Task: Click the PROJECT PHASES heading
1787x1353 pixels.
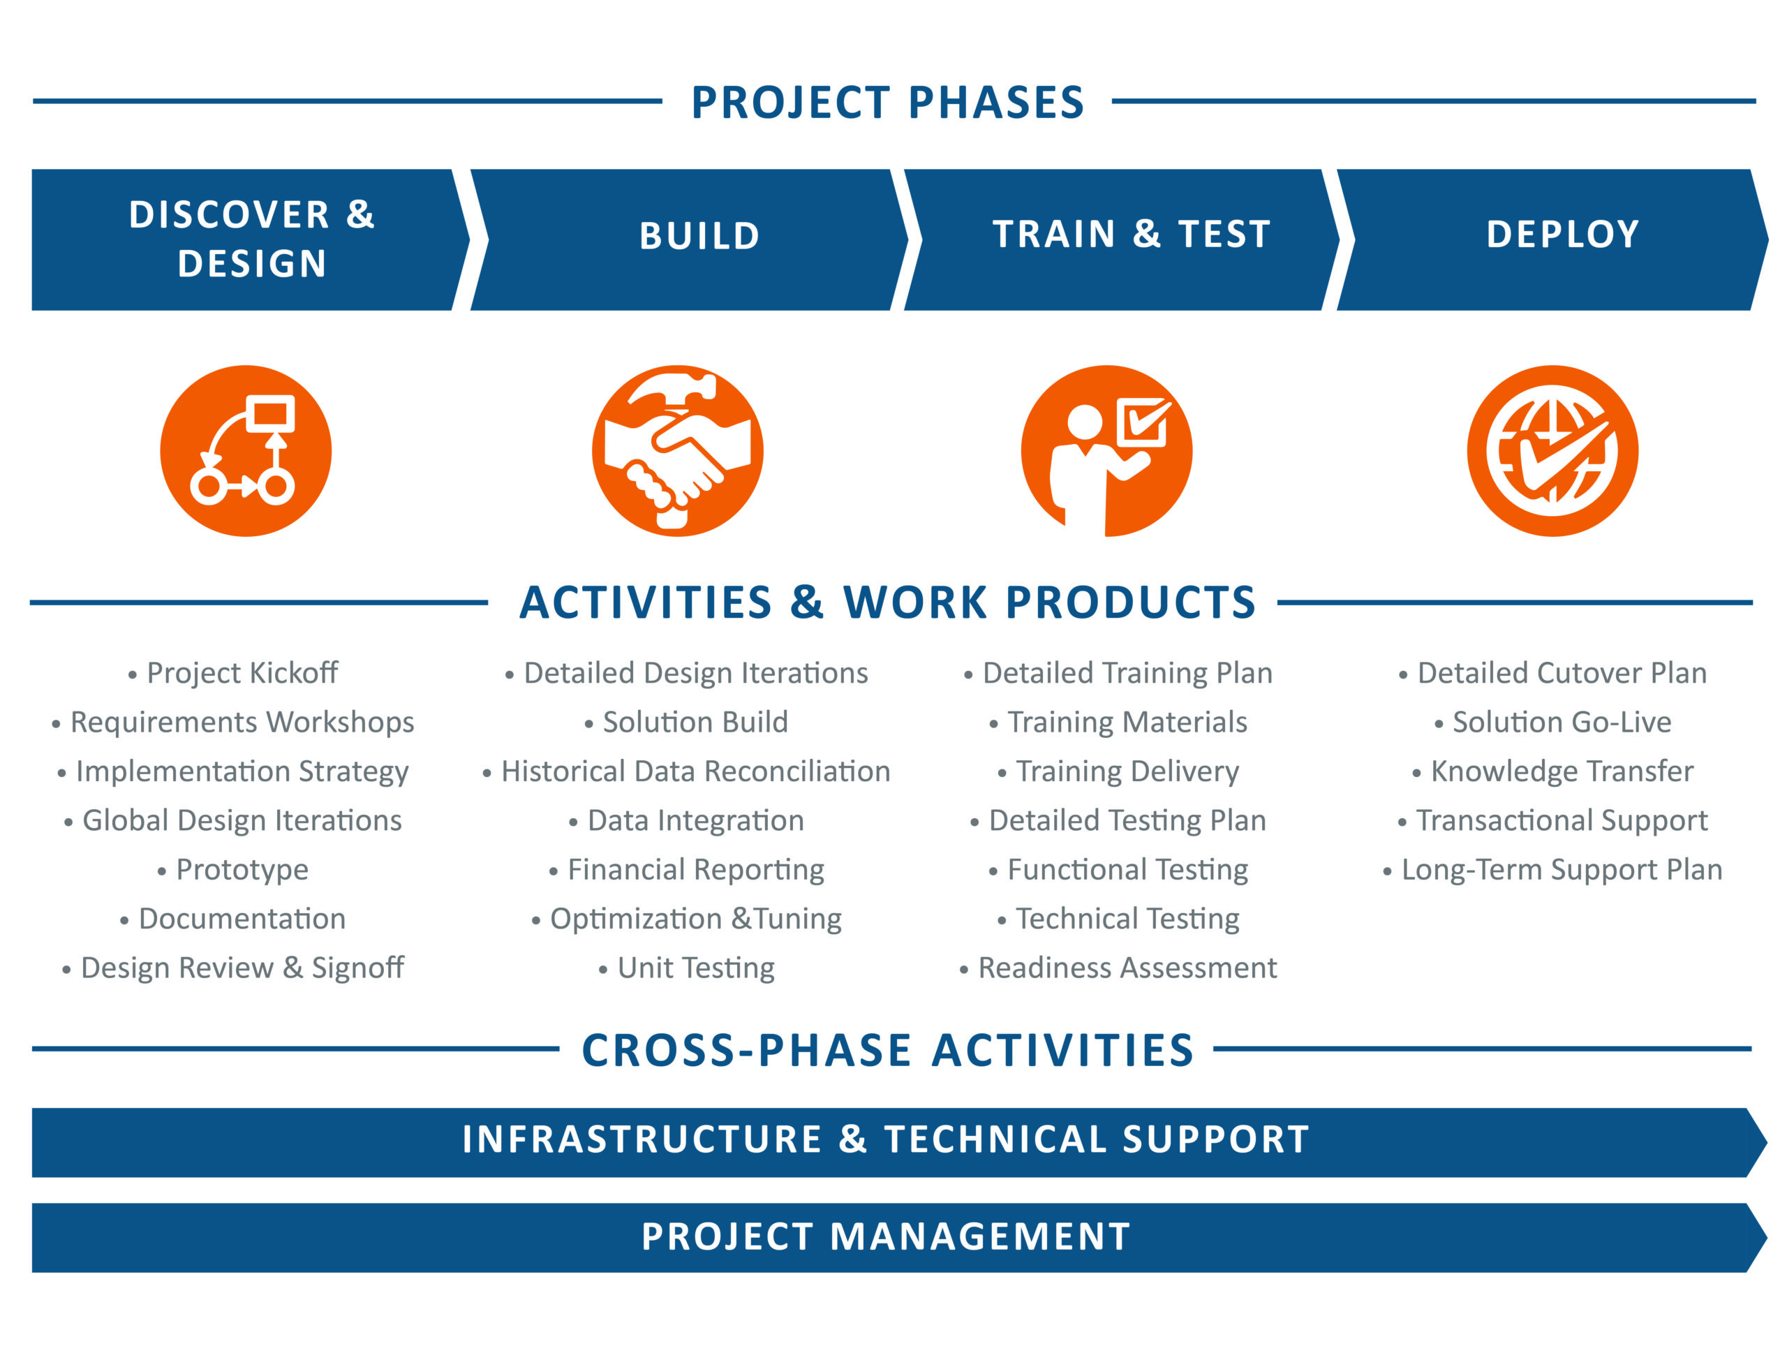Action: tap(887, 103)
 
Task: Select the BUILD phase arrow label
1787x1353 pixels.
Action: tap(699, 236)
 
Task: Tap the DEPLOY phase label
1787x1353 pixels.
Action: tap(1562, 235)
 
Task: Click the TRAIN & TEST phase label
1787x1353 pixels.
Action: tap(1132, 235)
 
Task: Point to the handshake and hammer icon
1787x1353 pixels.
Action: tap(678, 451)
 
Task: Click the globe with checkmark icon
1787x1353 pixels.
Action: tap(1552, 451)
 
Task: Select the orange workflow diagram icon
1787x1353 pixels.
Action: tap(246, 451)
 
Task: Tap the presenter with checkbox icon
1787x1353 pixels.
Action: tap(1106, 451)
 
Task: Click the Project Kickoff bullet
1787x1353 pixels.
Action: tap(233, 673)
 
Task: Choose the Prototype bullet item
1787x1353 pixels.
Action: tap(232, 869)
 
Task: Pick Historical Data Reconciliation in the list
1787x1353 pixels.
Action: tap(686, 771)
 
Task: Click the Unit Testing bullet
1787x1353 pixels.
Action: tap(687, 968)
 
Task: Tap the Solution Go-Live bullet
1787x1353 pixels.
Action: tap(1552, 721)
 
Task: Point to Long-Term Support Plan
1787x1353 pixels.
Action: tap(1552, 869)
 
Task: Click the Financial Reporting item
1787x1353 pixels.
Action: tap(687, 870)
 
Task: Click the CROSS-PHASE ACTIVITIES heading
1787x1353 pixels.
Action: tap(888, 1050)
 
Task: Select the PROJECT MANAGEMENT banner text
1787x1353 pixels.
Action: tap(887, 1236)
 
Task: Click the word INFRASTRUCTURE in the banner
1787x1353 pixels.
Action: tap(642, 1139)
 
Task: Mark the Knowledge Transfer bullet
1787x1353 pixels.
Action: tap(1552, 771)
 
